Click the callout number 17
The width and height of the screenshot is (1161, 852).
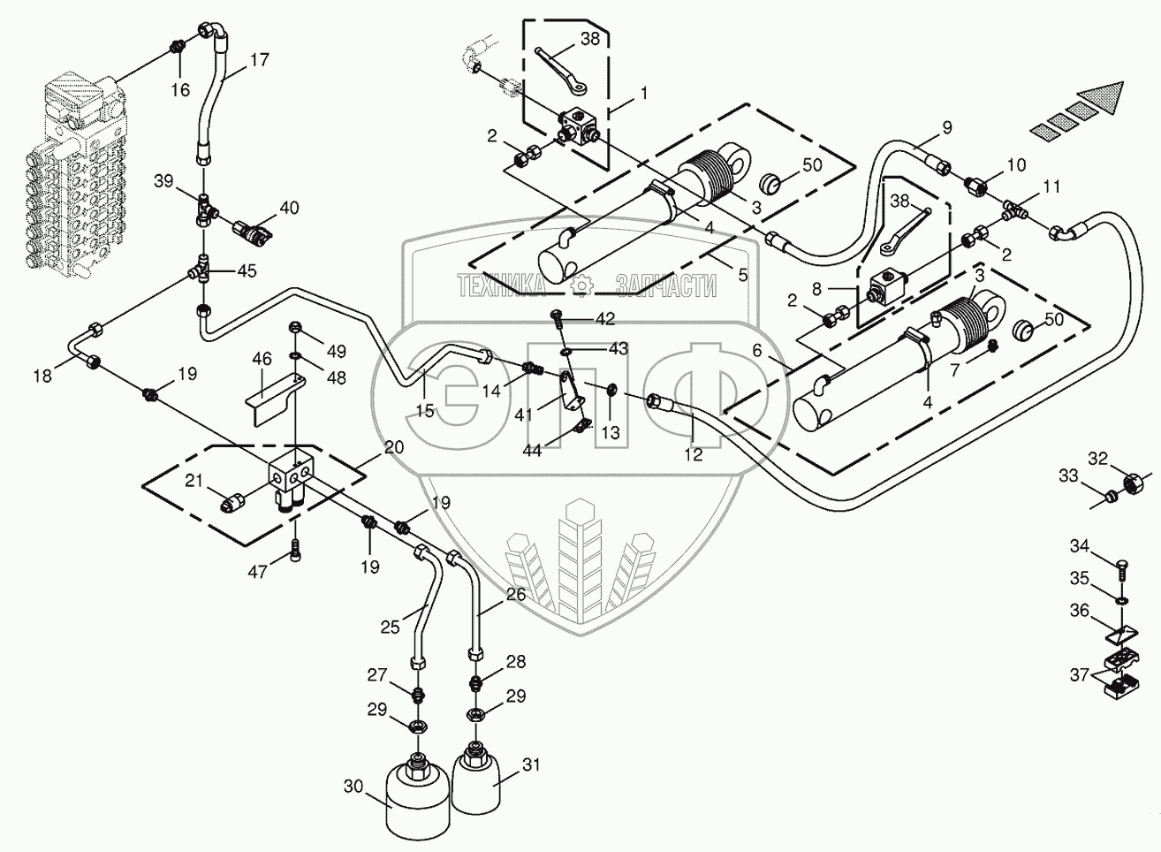tap(260, 60)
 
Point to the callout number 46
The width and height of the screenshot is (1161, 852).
tap(262, 359)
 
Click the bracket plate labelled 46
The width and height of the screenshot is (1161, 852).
tap(275, 399)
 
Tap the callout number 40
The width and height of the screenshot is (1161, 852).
tap(289, 208)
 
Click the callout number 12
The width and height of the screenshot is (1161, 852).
tap(694, 455)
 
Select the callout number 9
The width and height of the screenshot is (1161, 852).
tap(947, 127)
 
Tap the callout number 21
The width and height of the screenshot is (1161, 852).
tap(193, 481)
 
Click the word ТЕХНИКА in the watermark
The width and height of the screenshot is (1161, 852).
tap(501, 285)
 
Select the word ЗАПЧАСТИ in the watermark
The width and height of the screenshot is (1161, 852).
tap(666, 285)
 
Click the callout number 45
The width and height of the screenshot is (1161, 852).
tap(247, 270)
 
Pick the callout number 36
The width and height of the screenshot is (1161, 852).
tap(1080, 611)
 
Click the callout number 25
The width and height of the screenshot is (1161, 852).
tap(391, 627)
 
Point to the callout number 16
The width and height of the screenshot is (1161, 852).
tap(181, 90)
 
